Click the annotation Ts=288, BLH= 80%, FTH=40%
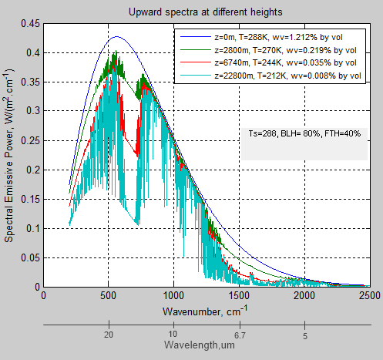[305, 133]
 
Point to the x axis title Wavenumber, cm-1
[207, 311]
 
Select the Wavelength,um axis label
[207, 345]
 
